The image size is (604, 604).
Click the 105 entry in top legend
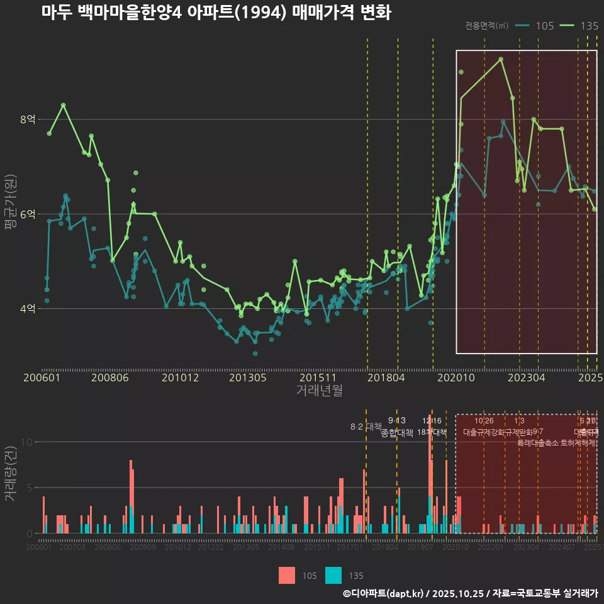click(545, 26)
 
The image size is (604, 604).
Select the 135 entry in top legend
click(589, 26)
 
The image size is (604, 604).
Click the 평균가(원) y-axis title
click(10, 214)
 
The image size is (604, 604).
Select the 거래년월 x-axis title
click(319, 390)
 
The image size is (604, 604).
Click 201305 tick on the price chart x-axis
click(247, 377)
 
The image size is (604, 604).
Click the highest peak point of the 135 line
click(501, 59)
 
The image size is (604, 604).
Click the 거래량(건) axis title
click(10, 473)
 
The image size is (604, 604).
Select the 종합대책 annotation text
click(397, 433)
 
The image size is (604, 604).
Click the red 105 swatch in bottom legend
click(287, 575)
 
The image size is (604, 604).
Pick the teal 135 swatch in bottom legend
click(333, 575)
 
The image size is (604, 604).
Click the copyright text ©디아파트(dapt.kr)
click(384, 593)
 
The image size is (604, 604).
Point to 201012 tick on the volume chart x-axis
click(178, 547)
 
